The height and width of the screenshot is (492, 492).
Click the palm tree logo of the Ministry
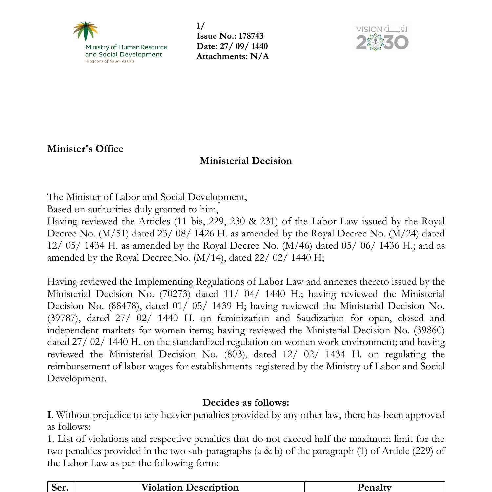86,31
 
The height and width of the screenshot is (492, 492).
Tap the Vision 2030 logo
382,38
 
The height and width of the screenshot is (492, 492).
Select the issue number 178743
251,36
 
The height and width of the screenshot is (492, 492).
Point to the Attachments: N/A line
233,56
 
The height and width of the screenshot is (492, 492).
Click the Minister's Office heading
85,149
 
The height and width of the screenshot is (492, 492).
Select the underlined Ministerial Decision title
246,161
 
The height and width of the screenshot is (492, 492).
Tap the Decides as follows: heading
246,402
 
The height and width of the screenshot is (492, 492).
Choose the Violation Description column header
190,487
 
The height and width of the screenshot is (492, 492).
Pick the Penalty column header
374,487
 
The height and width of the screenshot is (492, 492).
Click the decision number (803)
235,354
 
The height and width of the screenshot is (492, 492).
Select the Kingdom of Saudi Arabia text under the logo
110,61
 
